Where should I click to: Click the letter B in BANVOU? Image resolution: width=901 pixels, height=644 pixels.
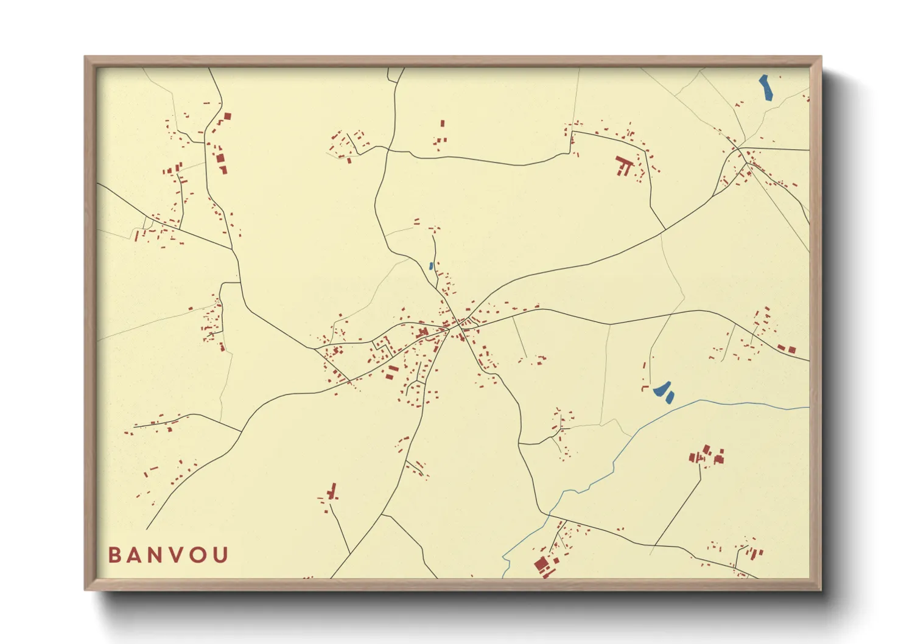(114, 555)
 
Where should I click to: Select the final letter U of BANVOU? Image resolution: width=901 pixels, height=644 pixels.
(221, 555)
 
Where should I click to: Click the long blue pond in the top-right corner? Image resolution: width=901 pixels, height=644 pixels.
(766, 87)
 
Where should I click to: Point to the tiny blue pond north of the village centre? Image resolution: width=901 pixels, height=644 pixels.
(431, 266)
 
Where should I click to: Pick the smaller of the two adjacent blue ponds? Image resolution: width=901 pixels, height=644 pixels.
(670, 397)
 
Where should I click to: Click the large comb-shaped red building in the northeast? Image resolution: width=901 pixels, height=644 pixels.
(623, 165)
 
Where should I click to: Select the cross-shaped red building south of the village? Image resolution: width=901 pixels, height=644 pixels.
(332, 491)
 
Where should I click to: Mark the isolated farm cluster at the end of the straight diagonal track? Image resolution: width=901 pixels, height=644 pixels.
(707, 456)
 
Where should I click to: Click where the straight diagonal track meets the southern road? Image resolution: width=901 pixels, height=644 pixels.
(656, 545)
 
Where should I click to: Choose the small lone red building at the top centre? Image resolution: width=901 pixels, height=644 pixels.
(443, 124)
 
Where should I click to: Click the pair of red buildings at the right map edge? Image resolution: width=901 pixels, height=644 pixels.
(787, 349)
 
